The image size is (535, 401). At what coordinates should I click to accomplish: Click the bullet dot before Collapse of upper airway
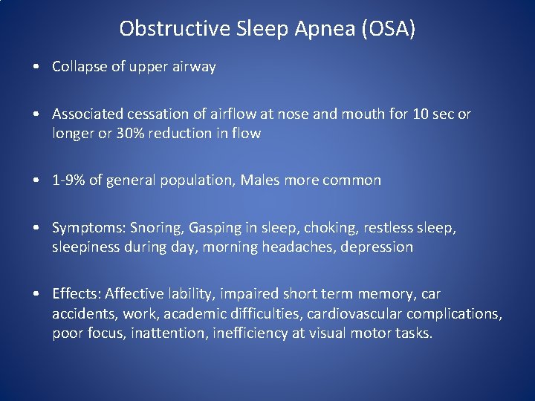pyautogui.click(x=36, y=67)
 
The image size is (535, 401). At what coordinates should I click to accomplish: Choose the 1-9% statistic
pyautogui.click(x=68, y=180)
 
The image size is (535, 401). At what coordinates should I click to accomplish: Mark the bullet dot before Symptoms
pyautogui.click(x=36, y=228)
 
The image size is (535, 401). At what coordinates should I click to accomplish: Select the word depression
pyautogui.click(x=376, y=247)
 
